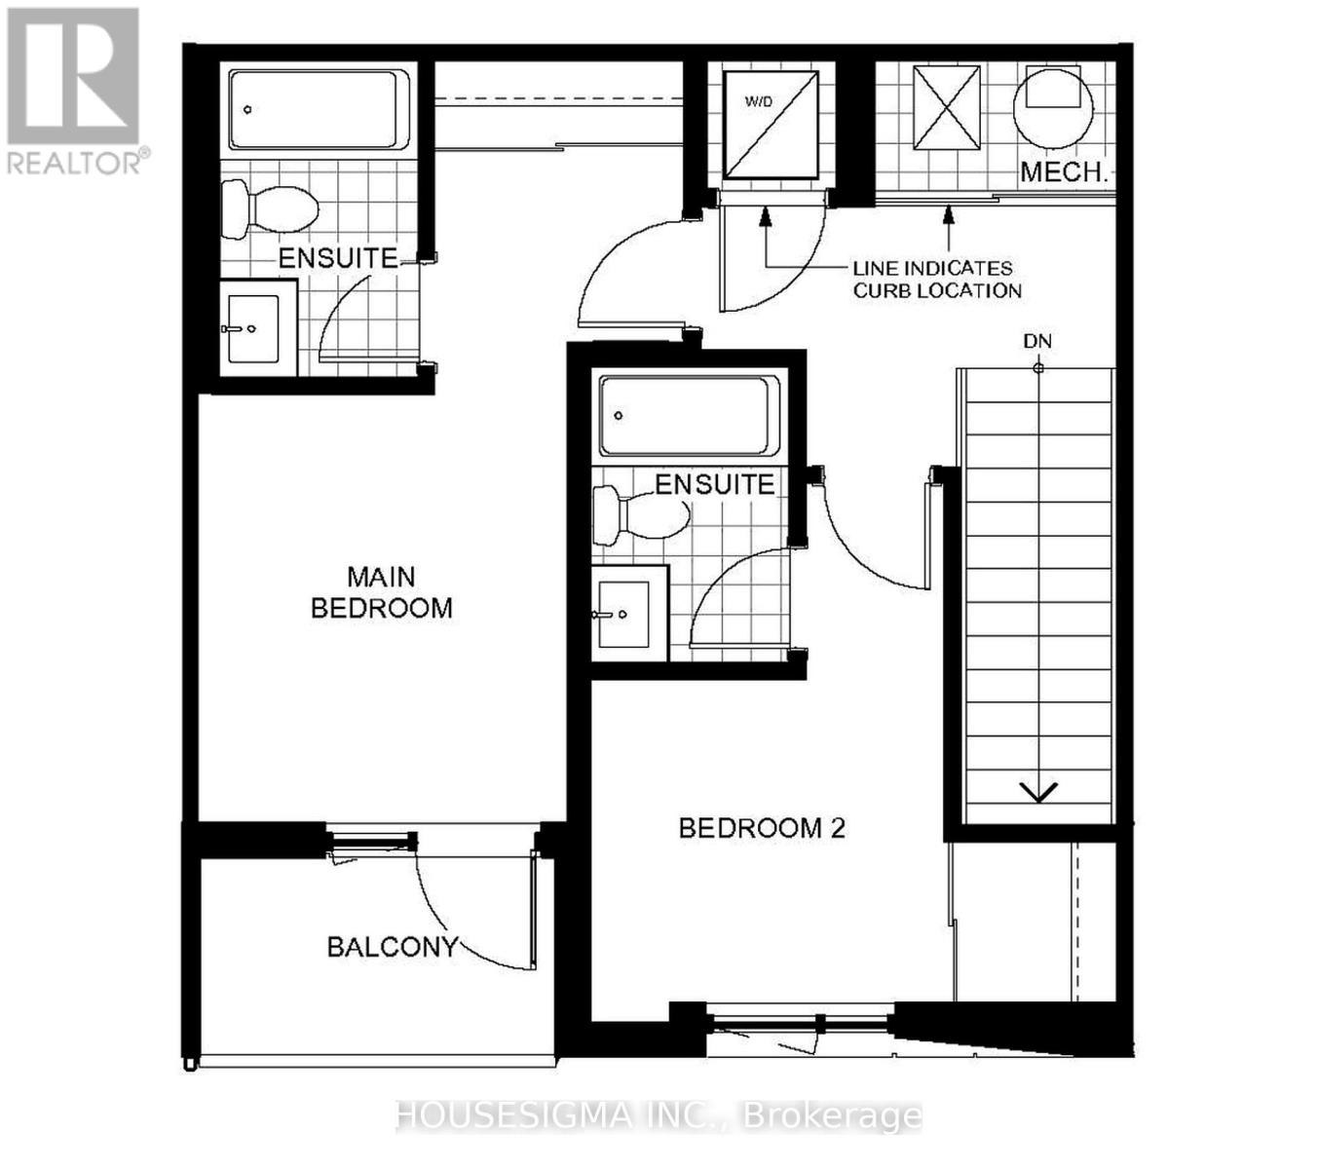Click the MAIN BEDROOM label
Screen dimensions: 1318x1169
(381, 592)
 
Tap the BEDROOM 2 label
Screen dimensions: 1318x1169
(762, 828)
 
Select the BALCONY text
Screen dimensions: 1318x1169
(393, 947)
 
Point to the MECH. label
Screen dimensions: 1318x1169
(1064, 171)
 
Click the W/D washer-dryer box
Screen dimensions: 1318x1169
(771, 125)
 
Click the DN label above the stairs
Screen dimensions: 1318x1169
(1037, 341)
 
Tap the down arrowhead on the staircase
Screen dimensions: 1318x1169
(1038, 792)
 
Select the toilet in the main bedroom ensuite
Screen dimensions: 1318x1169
(269, 209)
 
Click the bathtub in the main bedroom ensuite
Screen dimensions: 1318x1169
(319, 109)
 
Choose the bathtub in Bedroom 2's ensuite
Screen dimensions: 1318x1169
(689, 415)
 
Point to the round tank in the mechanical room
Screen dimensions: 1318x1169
(1053, 106)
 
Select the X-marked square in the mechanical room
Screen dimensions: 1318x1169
(947, 108)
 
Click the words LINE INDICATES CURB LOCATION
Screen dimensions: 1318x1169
(937, 280)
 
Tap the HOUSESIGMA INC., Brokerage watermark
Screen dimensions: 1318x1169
(659, 1116)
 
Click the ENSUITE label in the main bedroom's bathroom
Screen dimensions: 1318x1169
(338, 259)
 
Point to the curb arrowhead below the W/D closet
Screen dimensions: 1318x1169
(765, 216)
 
